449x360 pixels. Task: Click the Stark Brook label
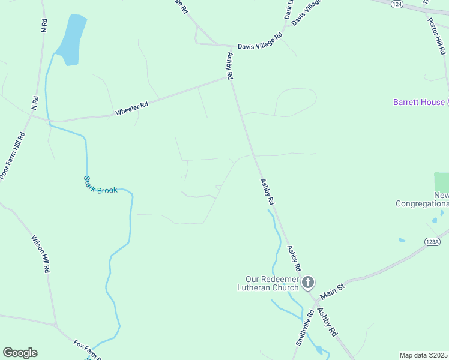tap(100, 185)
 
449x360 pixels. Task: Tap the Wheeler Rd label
tap(131, 109)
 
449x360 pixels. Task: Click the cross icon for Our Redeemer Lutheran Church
tap(307, 282)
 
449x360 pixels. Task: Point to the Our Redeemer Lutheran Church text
tap(271, 283)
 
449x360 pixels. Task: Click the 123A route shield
tap(432, 241)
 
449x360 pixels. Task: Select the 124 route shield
tap(396, 4)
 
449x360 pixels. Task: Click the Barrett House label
tap(419, 102)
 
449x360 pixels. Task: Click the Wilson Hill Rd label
tap(41, 254)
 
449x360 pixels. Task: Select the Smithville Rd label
tap(304, 327)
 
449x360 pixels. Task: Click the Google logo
tap(20, 353)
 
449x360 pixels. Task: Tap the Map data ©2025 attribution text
tap(424, 355)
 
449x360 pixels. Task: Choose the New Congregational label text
tap(423, 200)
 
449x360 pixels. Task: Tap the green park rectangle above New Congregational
tap(441, 182)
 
